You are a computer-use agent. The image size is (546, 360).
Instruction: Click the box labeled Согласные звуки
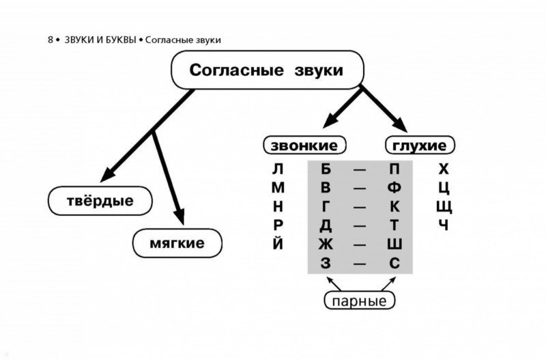pyautogui.click(x=267, y=70)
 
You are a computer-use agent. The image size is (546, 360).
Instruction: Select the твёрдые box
pyautogui.click(x=100, y=201)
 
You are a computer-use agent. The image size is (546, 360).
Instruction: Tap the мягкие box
pyautogui.click(x=177, y=243)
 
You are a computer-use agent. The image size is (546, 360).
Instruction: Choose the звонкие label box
pyautogui.click(x=304, y=145)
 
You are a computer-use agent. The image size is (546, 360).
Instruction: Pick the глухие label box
pyautogui.click(x=420, y=145)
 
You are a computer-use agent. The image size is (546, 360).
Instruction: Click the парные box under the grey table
pyautogui.click(x=360, y=301)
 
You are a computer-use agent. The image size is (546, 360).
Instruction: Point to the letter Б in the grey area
pyautogui.click(x=326, y=169)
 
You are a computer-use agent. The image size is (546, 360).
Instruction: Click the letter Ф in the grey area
pyautogui.click(x=394, y=188)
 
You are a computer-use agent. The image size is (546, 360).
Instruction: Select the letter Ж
pyautogui.click(x=326, y=244)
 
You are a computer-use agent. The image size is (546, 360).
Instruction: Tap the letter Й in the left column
pyautogui.click(x=278, y=243)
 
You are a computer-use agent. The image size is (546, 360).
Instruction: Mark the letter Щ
pyautogui.click(x=444, y=208)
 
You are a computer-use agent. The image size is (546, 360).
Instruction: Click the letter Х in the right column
pyautogui.click(x=443, y=169)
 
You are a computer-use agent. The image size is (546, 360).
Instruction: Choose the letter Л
pyautogui.click(x=278, y=169)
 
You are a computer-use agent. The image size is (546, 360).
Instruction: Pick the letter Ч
pyautogui.click(x=443, y=225)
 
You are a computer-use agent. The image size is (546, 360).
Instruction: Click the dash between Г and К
pyautogui.click(x=360, y=208)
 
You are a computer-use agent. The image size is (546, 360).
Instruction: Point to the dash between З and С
pyautogui.click(x=360, y=264)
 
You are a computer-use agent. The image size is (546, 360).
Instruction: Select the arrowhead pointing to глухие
pyautogui.click(x=401, y=125)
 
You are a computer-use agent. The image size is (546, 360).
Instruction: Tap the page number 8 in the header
pyautogui.click(x=51, y=40)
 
